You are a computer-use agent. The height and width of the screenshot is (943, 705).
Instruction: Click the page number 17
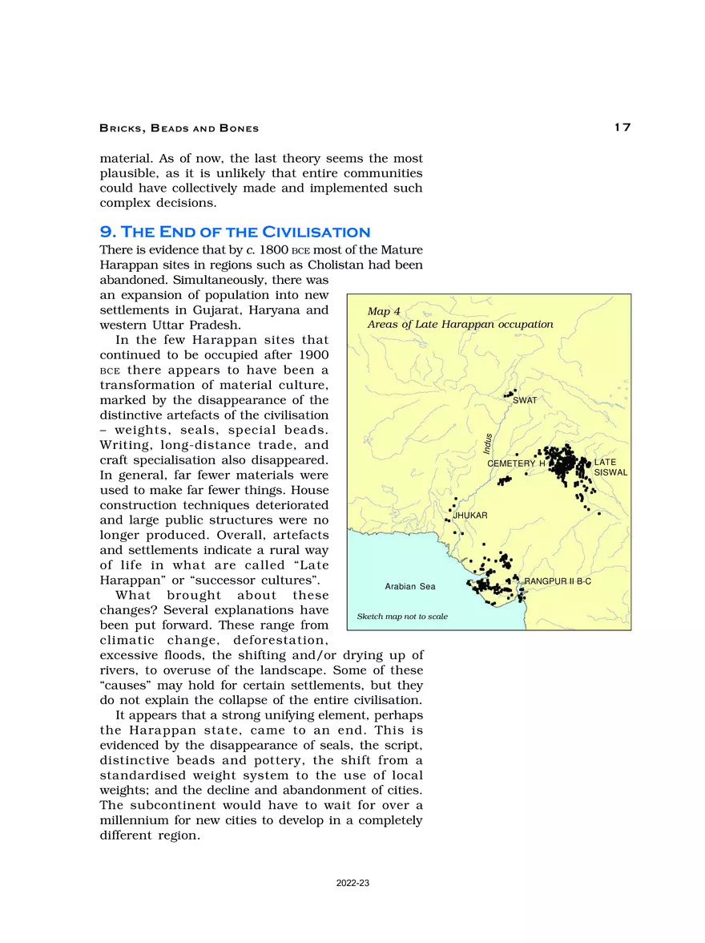(x=622, y=127)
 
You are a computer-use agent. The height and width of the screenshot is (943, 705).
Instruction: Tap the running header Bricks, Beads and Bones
(x=179, y=128)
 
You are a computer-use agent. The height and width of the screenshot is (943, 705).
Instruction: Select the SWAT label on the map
(x=525, y=399)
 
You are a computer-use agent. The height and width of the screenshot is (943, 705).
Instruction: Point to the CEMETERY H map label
(x=516, y=464)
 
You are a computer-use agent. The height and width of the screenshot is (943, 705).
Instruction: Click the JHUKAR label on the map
(x=471, y=514)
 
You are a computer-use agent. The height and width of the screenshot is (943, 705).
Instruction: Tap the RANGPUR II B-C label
(x=558, y=580)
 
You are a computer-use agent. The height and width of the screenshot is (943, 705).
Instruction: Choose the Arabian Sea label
(x=410, y=587)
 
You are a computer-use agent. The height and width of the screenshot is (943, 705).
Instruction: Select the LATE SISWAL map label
(x=609, y=467)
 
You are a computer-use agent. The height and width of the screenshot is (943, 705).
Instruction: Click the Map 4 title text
(x=384, y=311)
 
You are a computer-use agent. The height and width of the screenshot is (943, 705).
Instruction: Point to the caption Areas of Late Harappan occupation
(x=460, y=325)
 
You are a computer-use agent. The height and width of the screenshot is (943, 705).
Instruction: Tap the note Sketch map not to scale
(x=402, y=617)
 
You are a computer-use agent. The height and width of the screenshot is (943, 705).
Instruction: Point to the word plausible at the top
(x=128, y=173)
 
